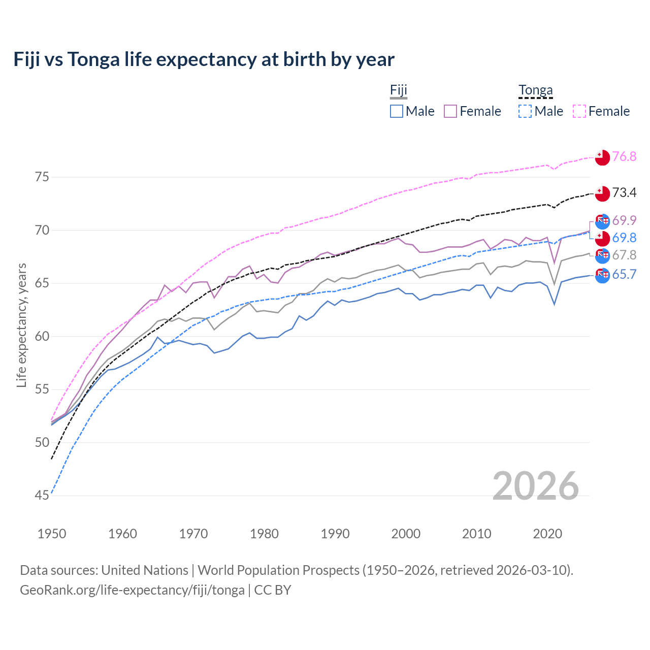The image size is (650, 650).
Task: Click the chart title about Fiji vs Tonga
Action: tap(204, 59)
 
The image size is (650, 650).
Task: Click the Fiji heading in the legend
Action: tap(399, 90)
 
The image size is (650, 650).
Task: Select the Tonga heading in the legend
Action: tap(535, 90)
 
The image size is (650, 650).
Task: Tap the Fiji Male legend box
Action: tap(397, 111)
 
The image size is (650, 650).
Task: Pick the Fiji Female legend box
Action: tap(450, 111)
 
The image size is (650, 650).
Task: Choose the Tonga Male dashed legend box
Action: tap(525, 111)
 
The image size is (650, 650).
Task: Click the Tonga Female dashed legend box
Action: tap(579, 111)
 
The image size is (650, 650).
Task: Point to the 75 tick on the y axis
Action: tap(42, 177)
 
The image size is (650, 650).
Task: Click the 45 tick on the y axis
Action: tap(42, 495)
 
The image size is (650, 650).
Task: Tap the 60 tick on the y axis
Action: tap(42, 336)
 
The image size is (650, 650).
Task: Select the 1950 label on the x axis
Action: tap(52, 534)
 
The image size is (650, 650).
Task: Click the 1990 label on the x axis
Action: tap(335, 534)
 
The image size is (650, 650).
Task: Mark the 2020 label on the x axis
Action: tap(547, 534)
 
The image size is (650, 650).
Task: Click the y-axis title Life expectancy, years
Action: tap(21, 325)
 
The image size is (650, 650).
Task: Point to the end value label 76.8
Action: tap(624, 156)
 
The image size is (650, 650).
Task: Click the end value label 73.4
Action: tap(624, 192)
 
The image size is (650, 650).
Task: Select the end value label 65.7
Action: tap(624, 275)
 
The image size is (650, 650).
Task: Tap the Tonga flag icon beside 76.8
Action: tap(602, 157)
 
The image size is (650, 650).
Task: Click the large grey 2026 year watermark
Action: tap(536, 486)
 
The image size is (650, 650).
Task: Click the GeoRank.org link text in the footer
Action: tap(132, 590)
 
